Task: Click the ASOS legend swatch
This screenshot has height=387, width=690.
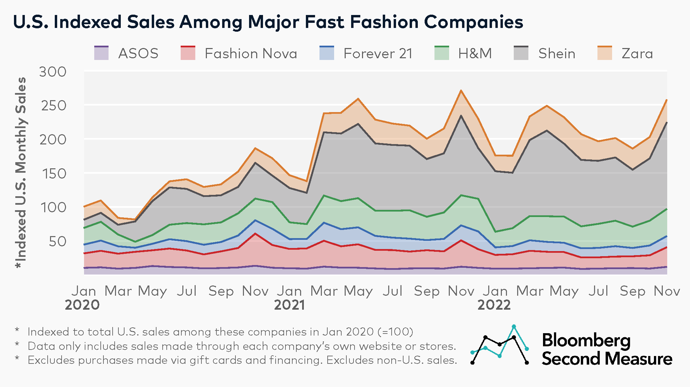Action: tap(101, 53)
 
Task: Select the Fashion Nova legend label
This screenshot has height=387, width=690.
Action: tap(251, 53)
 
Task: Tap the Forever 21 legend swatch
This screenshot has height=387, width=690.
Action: tap(327, 53)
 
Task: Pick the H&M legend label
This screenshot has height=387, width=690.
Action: tap(475, 53)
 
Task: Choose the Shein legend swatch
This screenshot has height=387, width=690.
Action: tap(521, 53)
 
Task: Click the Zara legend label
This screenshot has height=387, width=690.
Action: tap(637, 53)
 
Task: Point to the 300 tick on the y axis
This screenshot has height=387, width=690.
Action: tap(53, 72)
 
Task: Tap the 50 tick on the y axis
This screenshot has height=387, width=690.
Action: tap(57, 242)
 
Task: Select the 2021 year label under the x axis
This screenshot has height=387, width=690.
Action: tap(290, 305)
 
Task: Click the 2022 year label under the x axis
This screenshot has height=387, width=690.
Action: tap(494, 305)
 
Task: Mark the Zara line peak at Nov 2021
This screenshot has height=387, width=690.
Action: tap(461, 91)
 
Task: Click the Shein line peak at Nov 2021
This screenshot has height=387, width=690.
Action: tap(461, 115)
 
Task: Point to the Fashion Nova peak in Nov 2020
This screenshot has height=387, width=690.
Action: tap(255, 233)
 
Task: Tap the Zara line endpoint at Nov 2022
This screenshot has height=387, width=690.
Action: tap(666, 100)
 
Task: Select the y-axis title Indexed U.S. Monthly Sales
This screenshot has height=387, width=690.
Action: tap(21, 173)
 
